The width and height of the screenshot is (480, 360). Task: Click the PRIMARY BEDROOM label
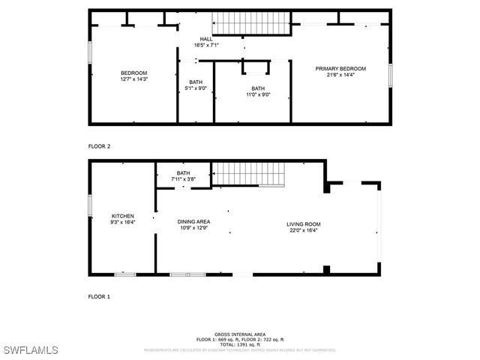(340, 68)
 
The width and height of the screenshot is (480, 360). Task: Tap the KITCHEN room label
(123, 216)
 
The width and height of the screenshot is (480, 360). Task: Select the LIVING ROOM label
(303, 224)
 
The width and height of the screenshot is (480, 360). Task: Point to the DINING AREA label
(193, 221)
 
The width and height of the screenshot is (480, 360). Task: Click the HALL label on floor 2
(205, 39)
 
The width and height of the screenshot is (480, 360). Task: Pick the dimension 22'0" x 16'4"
(303, 230)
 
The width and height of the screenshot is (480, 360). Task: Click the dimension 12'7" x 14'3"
(133, 79)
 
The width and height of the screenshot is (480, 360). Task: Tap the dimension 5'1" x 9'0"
(196, 88)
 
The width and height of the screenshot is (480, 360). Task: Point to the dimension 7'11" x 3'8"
(184, 179)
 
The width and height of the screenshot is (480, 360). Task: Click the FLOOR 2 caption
(100, 147)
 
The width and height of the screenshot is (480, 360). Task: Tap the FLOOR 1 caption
(100, 297)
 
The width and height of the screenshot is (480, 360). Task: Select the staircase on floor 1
(249, 175)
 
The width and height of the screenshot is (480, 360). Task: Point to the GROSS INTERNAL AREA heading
(239, 334)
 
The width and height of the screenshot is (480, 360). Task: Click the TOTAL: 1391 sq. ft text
(239, 344)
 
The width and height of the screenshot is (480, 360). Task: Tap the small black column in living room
(325, 268)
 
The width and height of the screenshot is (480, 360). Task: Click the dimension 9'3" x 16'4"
(123, 222)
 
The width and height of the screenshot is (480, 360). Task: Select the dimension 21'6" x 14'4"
(340, 74)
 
